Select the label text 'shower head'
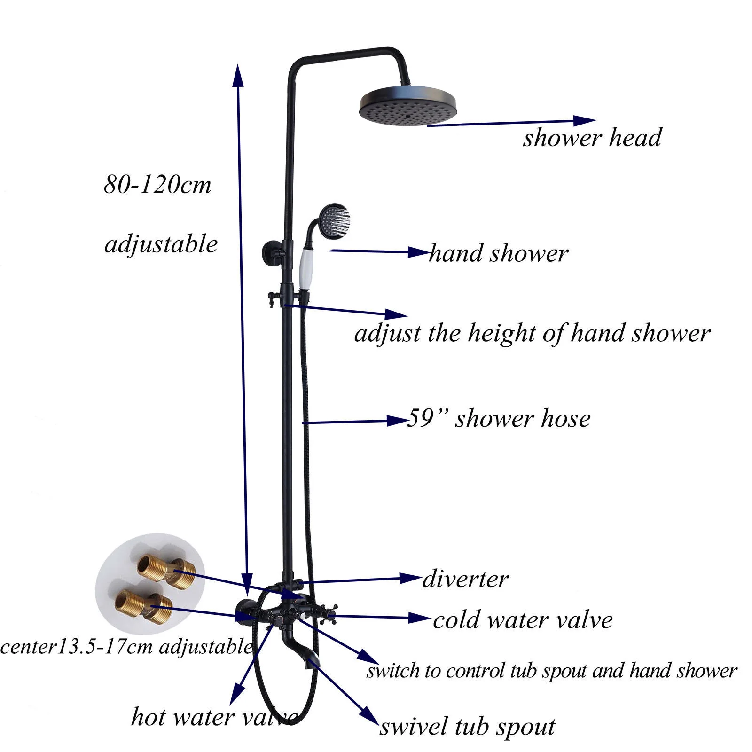click(592, 138)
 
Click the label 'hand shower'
click(498, 254)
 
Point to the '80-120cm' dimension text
click(157, 185)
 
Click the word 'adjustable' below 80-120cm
click(161, 244)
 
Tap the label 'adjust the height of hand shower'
click(532, 334)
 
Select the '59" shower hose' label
click(498, 418)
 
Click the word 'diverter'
click(465, 579)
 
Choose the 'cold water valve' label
click(523, 620)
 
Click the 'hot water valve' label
click(214, 717)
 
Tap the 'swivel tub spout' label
click(467, 727)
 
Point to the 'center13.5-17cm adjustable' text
click(126, 647)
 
